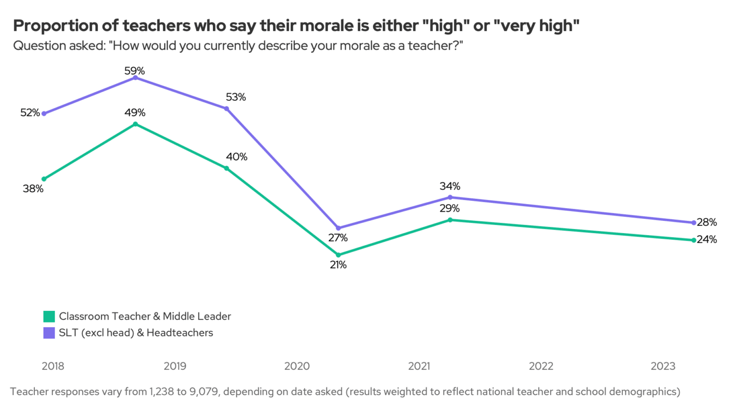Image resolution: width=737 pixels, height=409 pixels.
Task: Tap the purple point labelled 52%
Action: coord(44,113)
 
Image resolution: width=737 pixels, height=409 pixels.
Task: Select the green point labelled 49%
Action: coord(135,124)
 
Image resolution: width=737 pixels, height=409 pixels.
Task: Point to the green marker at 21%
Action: coord(338,255)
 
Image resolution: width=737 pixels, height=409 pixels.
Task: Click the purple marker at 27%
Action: coord(338,228)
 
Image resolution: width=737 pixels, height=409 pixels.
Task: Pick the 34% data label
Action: coord(450,186)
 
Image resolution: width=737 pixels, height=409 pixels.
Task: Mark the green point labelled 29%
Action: coord(450,220)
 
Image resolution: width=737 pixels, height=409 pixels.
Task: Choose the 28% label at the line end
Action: coord(707,222)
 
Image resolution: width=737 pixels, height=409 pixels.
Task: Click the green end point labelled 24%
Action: coord(693,240)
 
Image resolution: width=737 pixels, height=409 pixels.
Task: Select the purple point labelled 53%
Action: coord(226,108)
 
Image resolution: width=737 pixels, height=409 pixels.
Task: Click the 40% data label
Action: coord(236,157)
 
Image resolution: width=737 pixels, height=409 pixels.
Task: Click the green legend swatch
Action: coord(49,316)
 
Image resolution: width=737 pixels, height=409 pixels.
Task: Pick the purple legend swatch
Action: coord(49,333)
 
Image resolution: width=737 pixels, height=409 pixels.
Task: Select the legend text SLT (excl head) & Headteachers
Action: coord(136,333)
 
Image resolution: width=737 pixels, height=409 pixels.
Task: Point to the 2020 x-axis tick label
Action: coord(297,367)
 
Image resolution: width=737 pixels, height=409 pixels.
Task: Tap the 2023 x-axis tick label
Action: coord(662,367)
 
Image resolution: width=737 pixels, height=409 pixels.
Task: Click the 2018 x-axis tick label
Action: coord(53,367)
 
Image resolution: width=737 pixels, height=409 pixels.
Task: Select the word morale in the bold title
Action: coord(288,26)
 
